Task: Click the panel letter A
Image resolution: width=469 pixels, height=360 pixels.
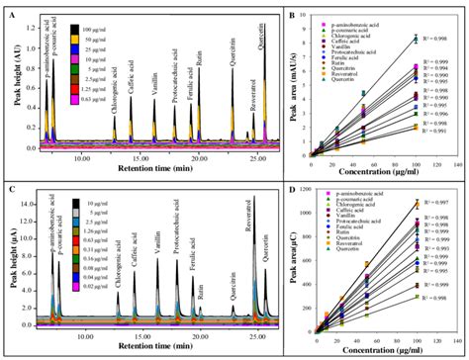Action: coord(12,12)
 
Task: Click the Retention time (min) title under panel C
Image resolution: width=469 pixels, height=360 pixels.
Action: coord(151,346)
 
